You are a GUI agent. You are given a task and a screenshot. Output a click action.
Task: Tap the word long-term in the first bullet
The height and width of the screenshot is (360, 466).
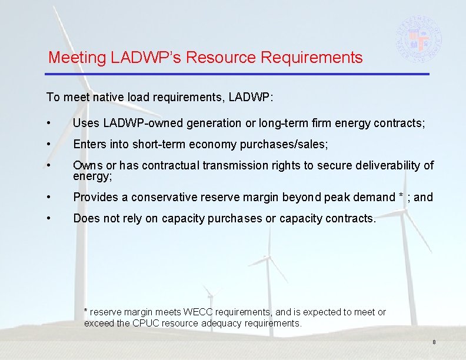(267, 123)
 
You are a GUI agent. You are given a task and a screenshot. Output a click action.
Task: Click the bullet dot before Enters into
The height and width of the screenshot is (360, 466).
(53, 145)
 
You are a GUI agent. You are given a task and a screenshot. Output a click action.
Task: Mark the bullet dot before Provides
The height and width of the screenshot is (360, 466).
(53, 197)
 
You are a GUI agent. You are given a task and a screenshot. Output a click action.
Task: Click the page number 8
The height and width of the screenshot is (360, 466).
(434, 342)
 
